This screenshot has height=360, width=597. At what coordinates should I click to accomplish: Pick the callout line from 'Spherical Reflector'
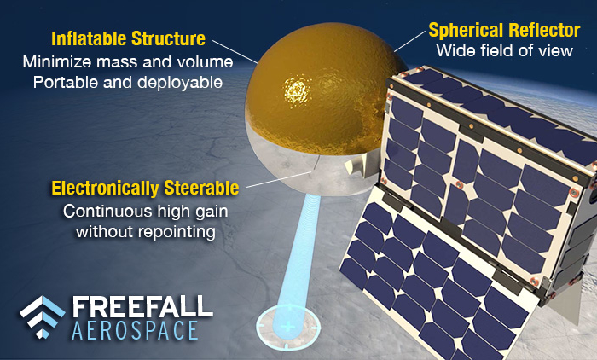point(409,43)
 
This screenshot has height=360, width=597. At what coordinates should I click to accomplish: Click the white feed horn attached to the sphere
point(354,164)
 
